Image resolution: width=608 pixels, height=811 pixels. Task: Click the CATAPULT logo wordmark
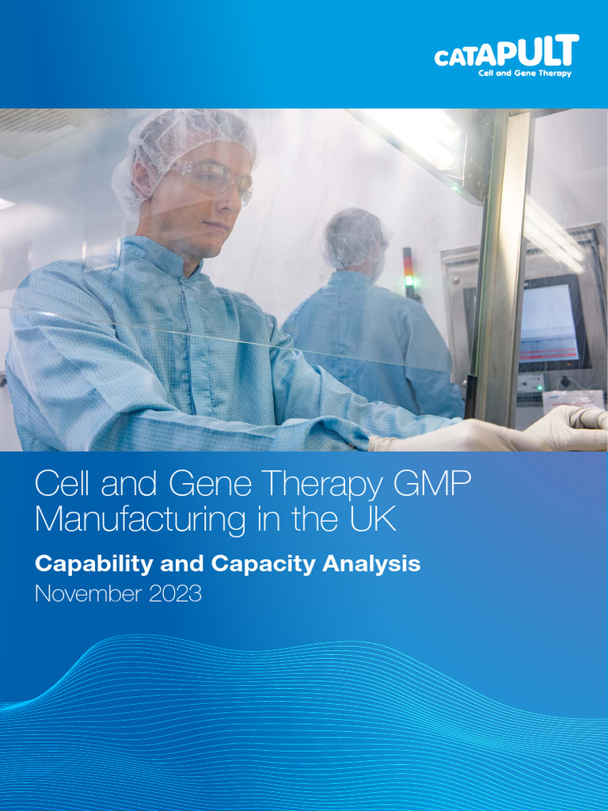pyautogui.click(x=506, y=54)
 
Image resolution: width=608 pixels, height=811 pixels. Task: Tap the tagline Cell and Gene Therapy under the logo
pyautogui.click(x=525, y=74)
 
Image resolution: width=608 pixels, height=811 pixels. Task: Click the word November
pyautogui.click(x=85, y=594)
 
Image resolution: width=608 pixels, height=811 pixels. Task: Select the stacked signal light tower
pyautogui.click(x=408, y=273)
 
